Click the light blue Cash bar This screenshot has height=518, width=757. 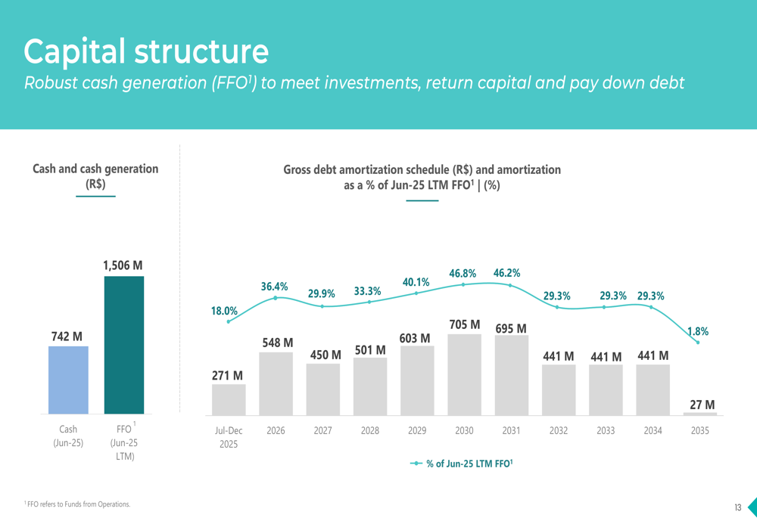pos(68,380)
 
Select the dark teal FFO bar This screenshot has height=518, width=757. pos(124,345)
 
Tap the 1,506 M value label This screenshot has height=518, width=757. pos(123,265)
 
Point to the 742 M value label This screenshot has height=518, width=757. pos(67,336)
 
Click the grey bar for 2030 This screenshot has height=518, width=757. pos(464,374)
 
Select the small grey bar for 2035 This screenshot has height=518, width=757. pos(700,414)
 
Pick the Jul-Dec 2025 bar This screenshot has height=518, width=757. pos(229,399)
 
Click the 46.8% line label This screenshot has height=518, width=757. pos(463,273)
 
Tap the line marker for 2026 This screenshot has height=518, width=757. pos(276,298)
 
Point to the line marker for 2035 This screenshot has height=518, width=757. pos(699,343)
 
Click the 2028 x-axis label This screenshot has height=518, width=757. pos(370,430)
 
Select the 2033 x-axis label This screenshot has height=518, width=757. pos(606,430)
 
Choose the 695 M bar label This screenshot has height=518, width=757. pos(511,328)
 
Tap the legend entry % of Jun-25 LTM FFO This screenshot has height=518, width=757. pos(462,464)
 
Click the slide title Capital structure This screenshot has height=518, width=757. pos(146,51)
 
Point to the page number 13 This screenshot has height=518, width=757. pos(737,507)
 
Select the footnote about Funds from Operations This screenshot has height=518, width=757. pos(77,504)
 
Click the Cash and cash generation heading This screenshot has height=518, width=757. pos(95,175)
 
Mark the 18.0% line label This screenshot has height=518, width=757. pos(224,310)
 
